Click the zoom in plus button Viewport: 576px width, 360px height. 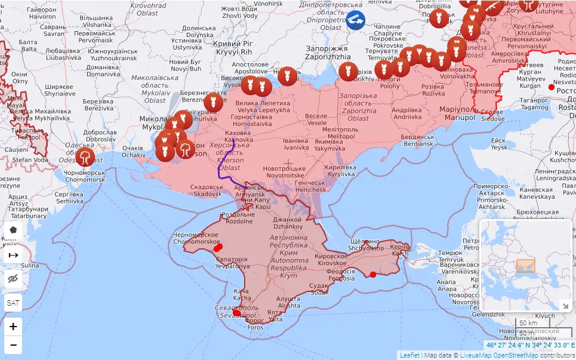pyautogui.click(x=13, y=327)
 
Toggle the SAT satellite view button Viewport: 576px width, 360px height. pyautogui.click(x=13, y=303)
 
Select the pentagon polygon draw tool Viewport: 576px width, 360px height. pyautogui.click(x=13, y=230)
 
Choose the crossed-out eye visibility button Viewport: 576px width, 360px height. pyautogui.click(x=13, y=279)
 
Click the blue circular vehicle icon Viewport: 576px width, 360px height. pyautogui.click(x=356, y=20)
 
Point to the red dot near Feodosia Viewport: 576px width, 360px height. pyautogui.click(x=373, y=275)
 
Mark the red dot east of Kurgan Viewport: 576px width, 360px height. pyautogui.click(x=551, y=87)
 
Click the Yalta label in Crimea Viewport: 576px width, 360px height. pyautogui.click(x=275, y=316)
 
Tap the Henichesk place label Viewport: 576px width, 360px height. pyautogui.click(x=311, y=186)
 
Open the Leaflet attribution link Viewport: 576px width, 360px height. pyautogui.click(x=409, y=355)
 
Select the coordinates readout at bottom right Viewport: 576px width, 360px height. pyautogui.click(x=530, y=345)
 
